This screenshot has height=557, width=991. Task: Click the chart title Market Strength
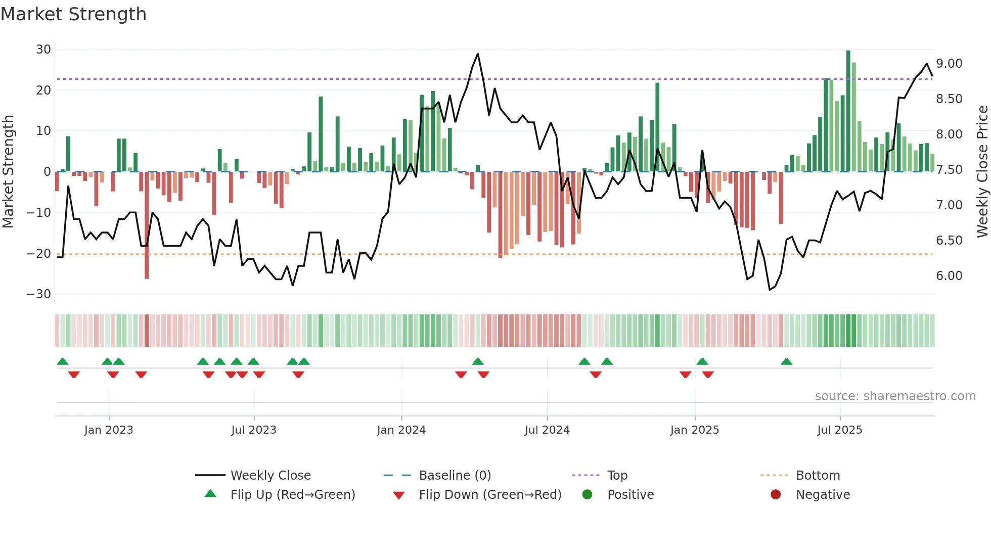pos(74,14)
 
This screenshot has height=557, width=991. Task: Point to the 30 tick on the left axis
pos(43,50)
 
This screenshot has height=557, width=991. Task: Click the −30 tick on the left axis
pos(39,294)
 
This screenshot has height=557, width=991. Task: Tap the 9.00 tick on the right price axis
pos(949,64)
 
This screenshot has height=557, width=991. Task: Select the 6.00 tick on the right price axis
pos(949,276)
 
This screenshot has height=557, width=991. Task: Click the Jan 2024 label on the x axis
pos(401,430)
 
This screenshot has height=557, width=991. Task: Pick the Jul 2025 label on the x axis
pos(840,430)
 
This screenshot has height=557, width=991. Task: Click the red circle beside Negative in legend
pos(776,495)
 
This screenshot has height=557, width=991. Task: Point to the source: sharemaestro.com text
pos(895,396)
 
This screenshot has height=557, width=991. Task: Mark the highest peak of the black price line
pos(478,54)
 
